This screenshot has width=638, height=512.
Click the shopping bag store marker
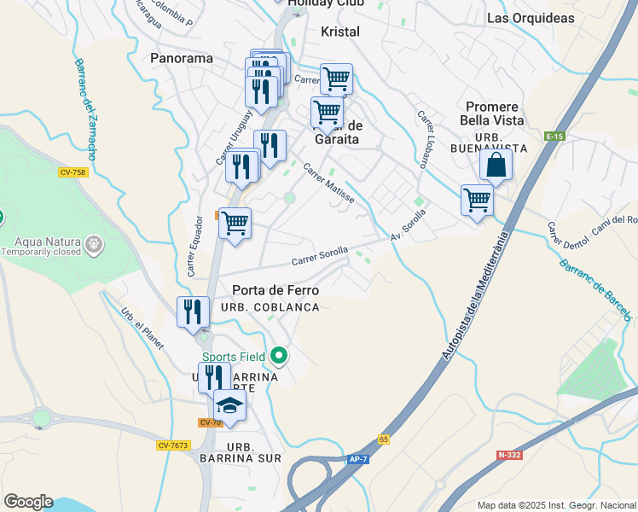[x=496, y=166]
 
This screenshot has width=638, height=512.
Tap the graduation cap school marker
[x=229, y=405]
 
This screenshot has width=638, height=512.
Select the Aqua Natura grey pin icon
[x=94, y=246]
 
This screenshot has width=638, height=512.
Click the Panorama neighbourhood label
[x=181, y=58]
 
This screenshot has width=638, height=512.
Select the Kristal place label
[x=340, y=32]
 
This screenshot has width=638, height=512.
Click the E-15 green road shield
[x=555, y=137]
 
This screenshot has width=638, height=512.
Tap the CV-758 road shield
[x=72, y=172]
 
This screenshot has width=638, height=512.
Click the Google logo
[x=28, y=502]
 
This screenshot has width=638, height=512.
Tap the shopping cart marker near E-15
[x=477, y=201]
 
